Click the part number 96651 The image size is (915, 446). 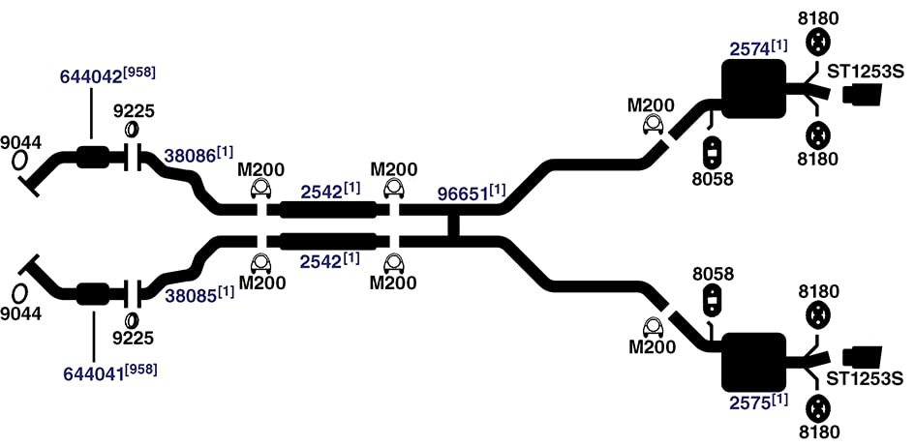point(463,193)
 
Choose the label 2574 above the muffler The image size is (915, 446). point(749,49)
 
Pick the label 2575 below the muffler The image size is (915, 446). point(750,402)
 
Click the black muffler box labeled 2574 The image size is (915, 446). point(753,89)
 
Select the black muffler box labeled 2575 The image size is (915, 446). point(753,362)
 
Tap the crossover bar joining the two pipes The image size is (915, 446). point(453,225)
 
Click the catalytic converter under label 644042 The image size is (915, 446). point(92,157)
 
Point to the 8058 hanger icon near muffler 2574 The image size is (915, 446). point(713,153)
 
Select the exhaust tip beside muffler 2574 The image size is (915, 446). point(862,95)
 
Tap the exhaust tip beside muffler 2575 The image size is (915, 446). point(863,356)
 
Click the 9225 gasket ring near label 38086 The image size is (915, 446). point(132,129)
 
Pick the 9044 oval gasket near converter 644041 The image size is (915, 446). point(19,293)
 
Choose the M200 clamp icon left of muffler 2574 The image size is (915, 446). point(653,124)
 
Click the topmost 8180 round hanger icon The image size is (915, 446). point(818,42)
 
